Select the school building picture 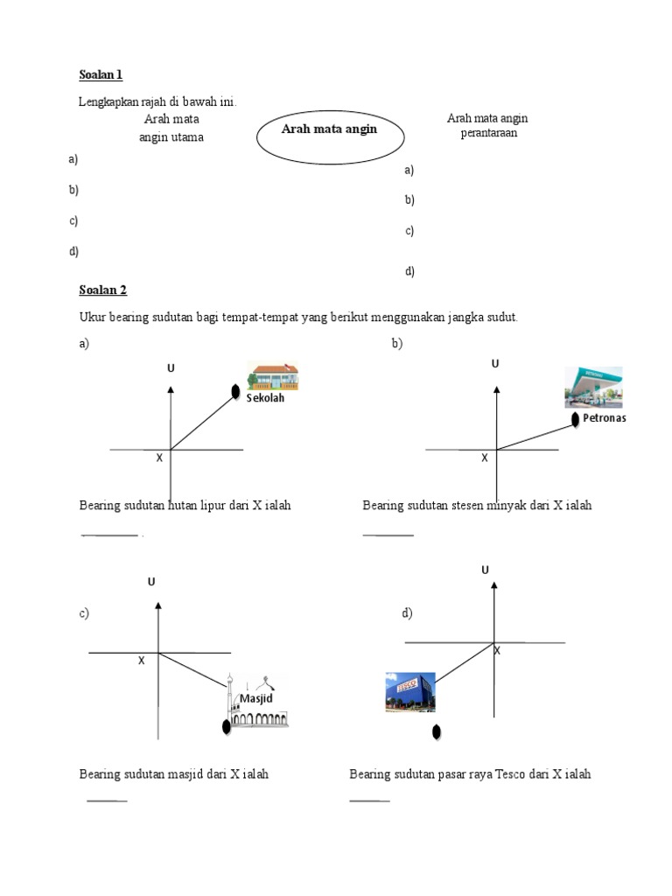[273, 376]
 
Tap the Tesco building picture [410, 691]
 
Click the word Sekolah [265, 398]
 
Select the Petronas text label [605, 418]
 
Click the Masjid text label [256, 698]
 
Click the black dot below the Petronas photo [575, 420]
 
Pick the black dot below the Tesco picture [436, 731]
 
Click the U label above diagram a [171, 368]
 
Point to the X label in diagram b [484, 458]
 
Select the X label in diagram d [497, 651]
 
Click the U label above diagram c [151, 582]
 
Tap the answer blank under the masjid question [107, 800]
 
